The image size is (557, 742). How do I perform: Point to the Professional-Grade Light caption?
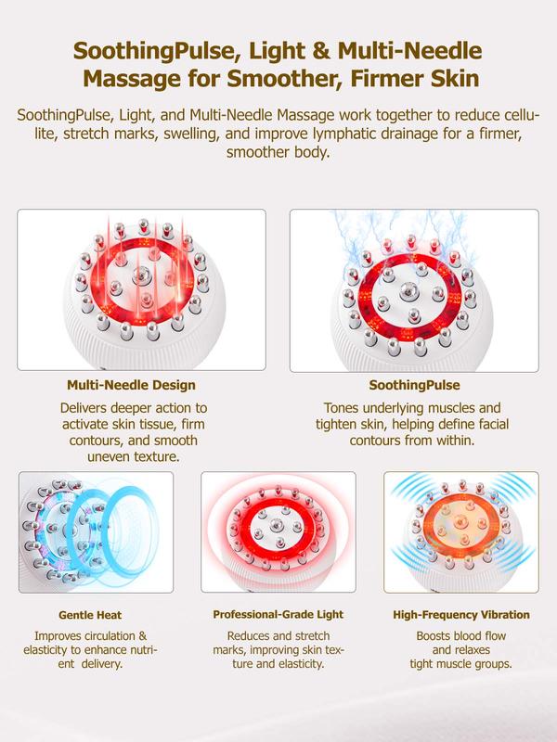[278, 614]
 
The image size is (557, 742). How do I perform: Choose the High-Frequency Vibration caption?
[460, 614]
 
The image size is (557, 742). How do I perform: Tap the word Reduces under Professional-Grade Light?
[248, 636]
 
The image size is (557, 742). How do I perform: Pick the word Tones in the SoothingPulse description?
[342, 408]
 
